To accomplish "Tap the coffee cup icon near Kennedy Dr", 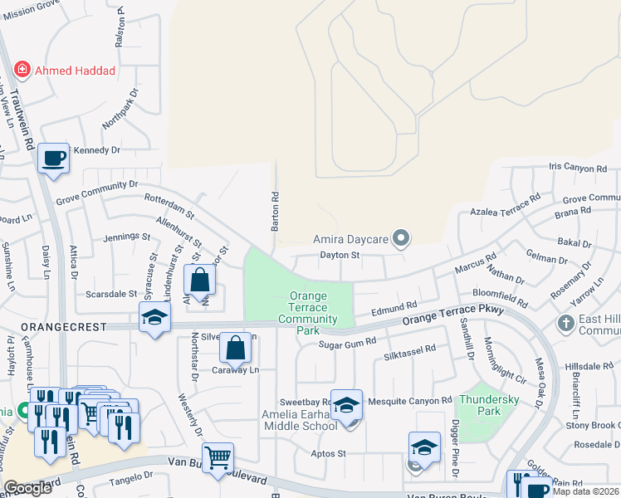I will [x=54, y=158].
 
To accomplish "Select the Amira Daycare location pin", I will [x=401, y=239].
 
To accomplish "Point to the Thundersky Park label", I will [x=480, y=404].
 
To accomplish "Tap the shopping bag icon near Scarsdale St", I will [x=200, y=280].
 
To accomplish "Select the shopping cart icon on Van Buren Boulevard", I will [x=218, y=456].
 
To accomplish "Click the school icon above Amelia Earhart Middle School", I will [x=346, y=404].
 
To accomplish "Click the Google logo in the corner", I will [x=27, y=488].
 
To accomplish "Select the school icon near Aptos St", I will [x=424, y=447].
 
